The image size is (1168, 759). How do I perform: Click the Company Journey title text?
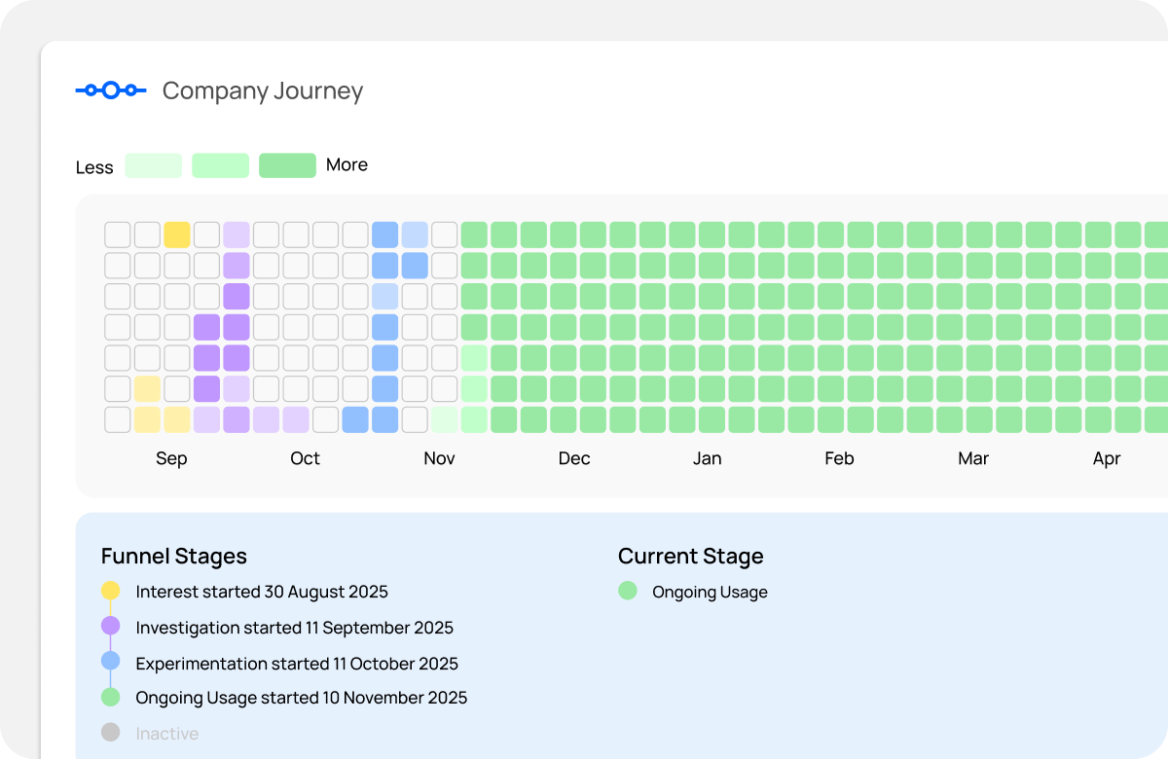(262, 90)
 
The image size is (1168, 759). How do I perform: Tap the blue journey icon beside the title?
(111, 90)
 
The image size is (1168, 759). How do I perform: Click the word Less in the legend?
(94, 167)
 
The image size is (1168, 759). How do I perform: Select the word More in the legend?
(347, 165)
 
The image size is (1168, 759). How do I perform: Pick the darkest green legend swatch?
(287, 165)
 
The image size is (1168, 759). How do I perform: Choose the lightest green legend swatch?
(153, 165)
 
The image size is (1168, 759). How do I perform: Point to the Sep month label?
(171, 458)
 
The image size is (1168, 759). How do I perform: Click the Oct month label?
(305, 458)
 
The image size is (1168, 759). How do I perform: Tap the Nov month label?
(439, 458)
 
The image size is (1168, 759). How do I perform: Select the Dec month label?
(573, 458)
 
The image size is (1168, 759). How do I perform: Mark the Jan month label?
(707, 458)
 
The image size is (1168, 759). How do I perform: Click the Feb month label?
(839, 458)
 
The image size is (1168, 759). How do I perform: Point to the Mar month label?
(973, 458)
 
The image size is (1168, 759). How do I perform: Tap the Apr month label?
(1107, 458)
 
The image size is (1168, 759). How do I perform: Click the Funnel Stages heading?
(174, 557)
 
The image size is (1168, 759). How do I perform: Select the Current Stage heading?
(690, 557)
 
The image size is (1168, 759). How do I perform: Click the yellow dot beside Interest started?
(111, 591)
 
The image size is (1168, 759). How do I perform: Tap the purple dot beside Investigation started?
(111, 626)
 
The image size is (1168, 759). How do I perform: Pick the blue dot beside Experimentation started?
(111, 662)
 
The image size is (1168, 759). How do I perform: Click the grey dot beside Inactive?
(111, 733)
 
